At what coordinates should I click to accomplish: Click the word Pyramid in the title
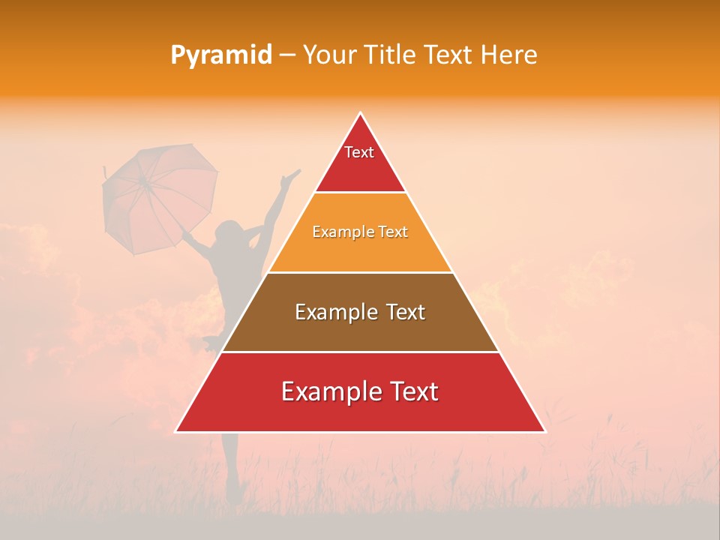pos(221,55)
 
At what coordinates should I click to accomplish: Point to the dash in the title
pos(287,55)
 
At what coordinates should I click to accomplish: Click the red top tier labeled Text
pos(360,161)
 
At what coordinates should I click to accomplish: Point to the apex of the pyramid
pos(361,113)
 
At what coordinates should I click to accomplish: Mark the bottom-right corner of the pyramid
pos(544,431)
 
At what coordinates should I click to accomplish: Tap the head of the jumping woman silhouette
pos(227,232)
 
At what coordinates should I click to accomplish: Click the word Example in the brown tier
pos(332,312)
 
